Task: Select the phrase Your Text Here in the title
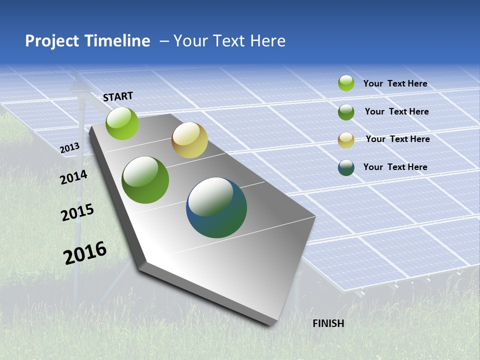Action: pyautogui.click(x=229, y=41)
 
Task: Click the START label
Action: pyautogui.click(x=118, y=96)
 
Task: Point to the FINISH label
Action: pyautogui.click(x=328, y=323)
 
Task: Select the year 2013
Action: pyautogui.click(x=69, y=148)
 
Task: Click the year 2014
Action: pyautogui.click(x=73, y=177)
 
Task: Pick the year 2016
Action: pyautogui.click(x=85, y=253)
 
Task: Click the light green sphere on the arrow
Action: pyautogui.click(x=122, y=123)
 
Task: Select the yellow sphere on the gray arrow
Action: pyautogui.click(x=189, y=140)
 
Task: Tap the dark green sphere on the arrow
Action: pyautogui.click(x=145, y=180)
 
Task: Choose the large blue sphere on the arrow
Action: pyautogui.click(x=216, y=207)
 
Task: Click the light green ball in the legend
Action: pyautogui.click(x=346, y=83)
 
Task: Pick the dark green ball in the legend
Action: pyautogui.click(x=346, y=112)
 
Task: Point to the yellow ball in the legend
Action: pyautogui.click(x=346, y=140)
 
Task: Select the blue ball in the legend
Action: pyautogui.click(x=346, y=167)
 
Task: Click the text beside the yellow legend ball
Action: pyautogui.click(x=397, y=139)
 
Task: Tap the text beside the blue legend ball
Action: pyautogui.click(x=395, y=167)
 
